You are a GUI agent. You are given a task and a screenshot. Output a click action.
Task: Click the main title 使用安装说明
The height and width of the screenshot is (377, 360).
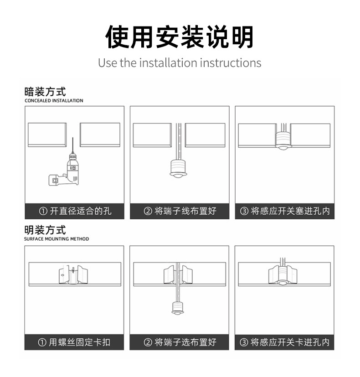[x=180, y=37]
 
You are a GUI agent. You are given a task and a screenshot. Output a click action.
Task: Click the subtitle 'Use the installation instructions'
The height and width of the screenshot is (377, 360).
[x=180, y=63]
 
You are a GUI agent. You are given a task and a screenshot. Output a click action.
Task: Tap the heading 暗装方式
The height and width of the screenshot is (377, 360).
[x=45, y=92]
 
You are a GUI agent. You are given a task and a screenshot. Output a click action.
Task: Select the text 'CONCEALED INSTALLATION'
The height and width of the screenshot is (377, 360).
[x=54, y=101]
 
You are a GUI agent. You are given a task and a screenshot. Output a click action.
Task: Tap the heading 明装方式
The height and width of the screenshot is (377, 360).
[x=45, y=230]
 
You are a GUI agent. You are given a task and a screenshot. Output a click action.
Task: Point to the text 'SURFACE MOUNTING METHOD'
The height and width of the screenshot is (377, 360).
[x=57, y=239]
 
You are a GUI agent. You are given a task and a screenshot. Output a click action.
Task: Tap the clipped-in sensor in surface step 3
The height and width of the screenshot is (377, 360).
[x=283, y=276]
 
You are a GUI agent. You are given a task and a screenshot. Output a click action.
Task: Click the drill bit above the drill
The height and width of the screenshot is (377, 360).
[x=72, y=145]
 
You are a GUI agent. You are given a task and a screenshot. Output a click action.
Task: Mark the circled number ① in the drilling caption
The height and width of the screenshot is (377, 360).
[x=43, y=211]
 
